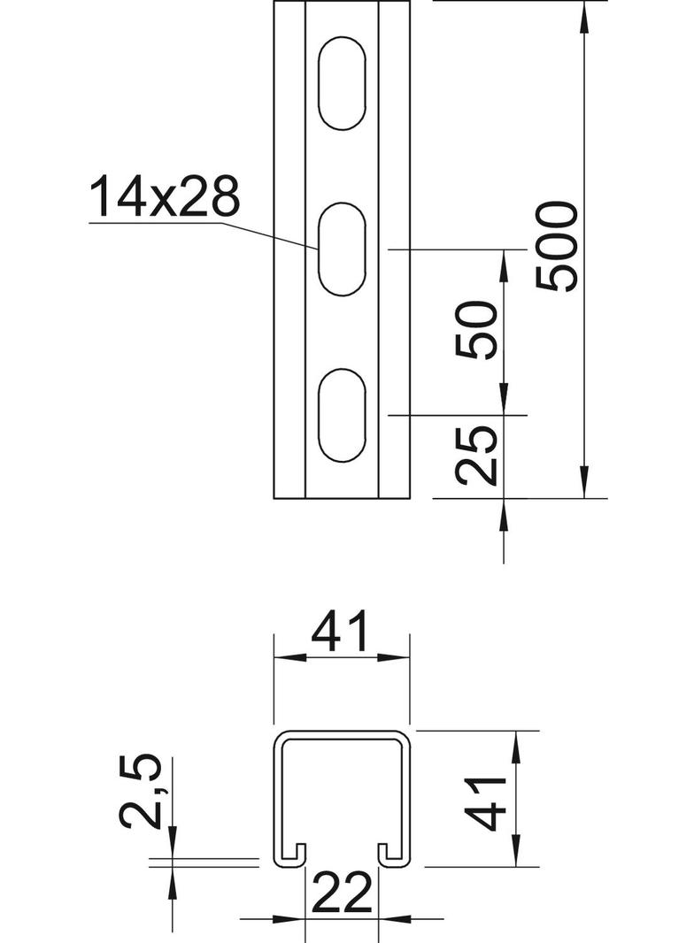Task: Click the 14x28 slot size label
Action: click(165, 196)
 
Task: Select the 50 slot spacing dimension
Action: click(477, 331)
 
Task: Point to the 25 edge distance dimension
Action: click(477, 456)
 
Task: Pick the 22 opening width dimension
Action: click(343, 893)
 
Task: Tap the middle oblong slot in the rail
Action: click(342, 249)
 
